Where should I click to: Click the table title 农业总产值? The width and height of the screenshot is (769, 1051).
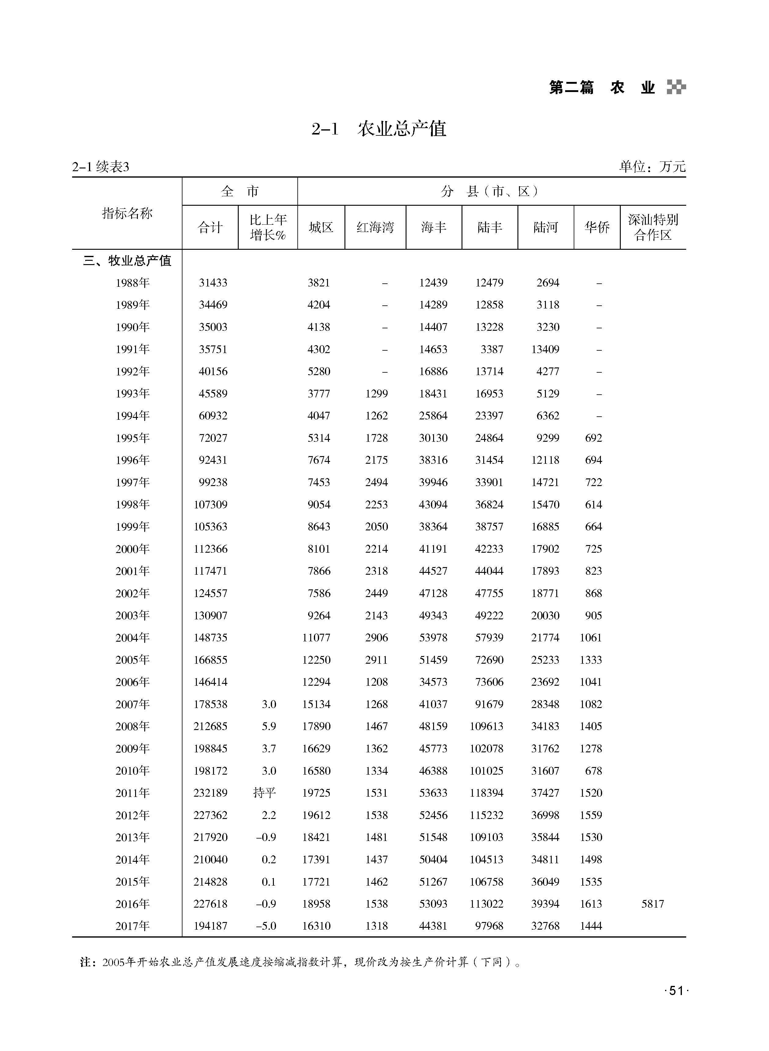(402, 129)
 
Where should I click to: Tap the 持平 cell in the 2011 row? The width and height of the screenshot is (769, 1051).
(264, 793)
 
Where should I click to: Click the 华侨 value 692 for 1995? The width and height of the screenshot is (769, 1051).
(594, 438)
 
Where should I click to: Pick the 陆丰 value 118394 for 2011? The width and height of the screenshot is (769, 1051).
(487, 793)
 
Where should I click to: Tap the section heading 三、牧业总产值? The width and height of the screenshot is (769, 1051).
(127, 261)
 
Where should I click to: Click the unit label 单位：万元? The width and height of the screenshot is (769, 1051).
(652, 166)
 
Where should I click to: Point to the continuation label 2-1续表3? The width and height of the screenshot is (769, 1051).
(101, 167)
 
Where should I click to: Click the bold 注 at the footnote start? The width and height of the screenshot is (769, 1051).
(86, 962)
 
